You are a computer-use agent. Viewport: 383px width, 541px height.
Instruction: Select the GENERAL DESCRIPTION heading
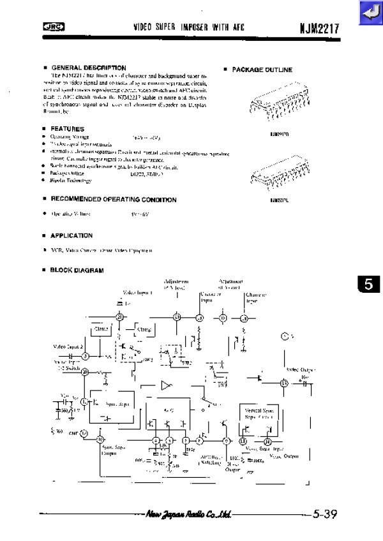tap(88, 68)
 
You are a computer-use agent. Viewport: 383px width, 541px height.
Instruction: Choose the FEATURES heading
tap(67, 129)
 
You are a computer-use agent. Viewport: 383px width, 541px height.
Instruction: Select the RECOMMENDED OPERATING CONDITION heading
tap(113, 200)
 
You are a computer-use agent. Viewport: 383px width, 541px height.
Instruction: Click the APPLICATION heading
tap(71, 235)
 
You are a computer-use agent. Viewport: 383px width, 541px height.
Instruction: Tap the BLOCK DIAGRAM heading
tap(77, 270)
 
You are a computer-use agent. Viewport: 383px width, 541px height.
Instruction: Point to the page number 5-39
tap(324, 514)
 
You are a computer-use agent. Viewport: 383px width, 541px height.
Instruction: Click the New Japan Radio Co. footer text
tap(188, 514)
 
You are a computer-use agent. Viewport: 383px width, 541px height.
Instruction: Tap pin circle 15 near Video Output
tap(285, 383)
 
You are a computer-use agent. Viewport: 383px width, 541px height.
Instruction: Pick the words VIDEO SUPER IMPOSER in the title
tap(170, 27)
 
